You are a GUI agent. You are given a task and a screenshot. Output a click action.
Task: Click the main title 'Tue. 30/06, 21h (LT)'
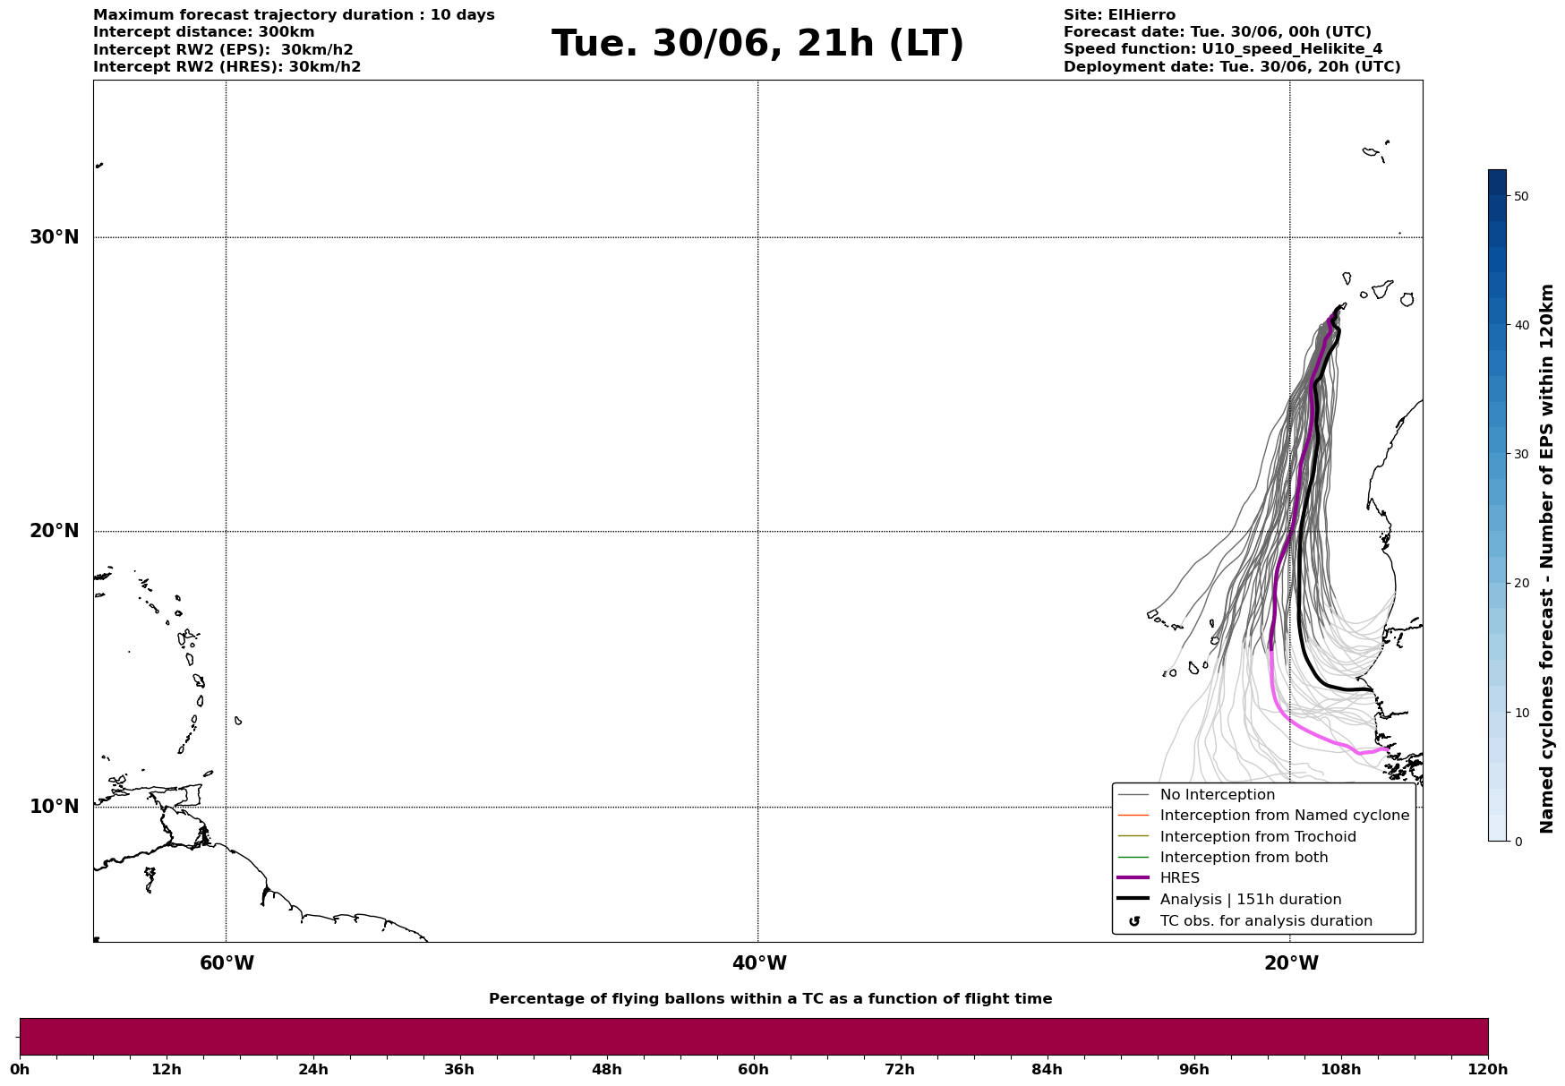pyautogui.click(x=757, y=44)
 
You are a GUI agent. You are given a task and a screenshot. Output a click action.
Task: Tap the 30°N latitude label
pyautogui.click(x=55, y=237)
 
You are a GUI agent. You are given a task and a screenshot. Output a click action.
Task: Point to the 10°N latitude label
pyautogui.click(x=55, y=807)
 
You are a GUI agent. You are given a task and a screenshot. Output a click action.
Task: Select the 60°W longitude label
pyautogui.click(x=227, y=963)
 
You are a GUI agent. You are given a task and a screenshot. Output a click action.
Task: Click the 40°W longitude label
pyautogui.click(x=759, y=963)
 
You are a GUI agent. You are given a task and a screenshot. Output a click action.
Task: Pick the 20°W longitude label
pyautogui.click(x=1291, y=963)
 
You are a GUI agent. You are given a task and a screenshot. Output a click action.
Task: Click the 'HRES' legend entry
pyautogui.click(x=1179, y=878)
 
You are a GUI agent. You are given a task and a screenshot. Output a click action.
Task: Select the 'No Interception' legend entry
pyautogui.click(x=1217, y=795)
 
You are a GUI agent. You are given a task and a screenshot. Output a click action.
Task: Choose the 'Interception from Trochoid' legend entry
pyautogui.click(x=1258, y=837)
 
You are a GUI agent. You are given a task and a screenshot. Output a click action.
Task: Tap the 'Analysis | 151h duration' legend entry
pyautogui.click(x=1251, y=900)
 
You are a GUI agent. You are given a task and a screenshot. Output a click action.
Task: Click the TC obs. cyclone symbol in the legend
pyautogui.click(x=1134, y=921)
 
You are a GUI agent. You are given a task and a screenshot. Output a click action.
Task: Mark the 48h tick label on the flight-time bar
pyautogui.click(x=607, y=1069)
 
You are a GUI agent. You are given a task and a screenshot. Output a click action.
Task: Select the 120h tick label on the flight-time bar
pyautogui.click(x=1488, y=1069)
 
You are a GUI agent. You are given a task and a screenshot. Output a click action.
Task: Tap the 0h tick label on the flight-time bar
pyautogui.click(x=20, y=1069)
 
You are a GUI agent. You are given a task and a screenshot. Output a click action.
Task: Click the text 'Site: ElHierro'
pyautogui.click(x=1119, y=15)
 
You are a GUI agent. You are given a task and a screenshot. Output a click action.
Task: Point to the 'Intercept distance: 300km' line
pyautogui.click(x=204, y=32)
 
